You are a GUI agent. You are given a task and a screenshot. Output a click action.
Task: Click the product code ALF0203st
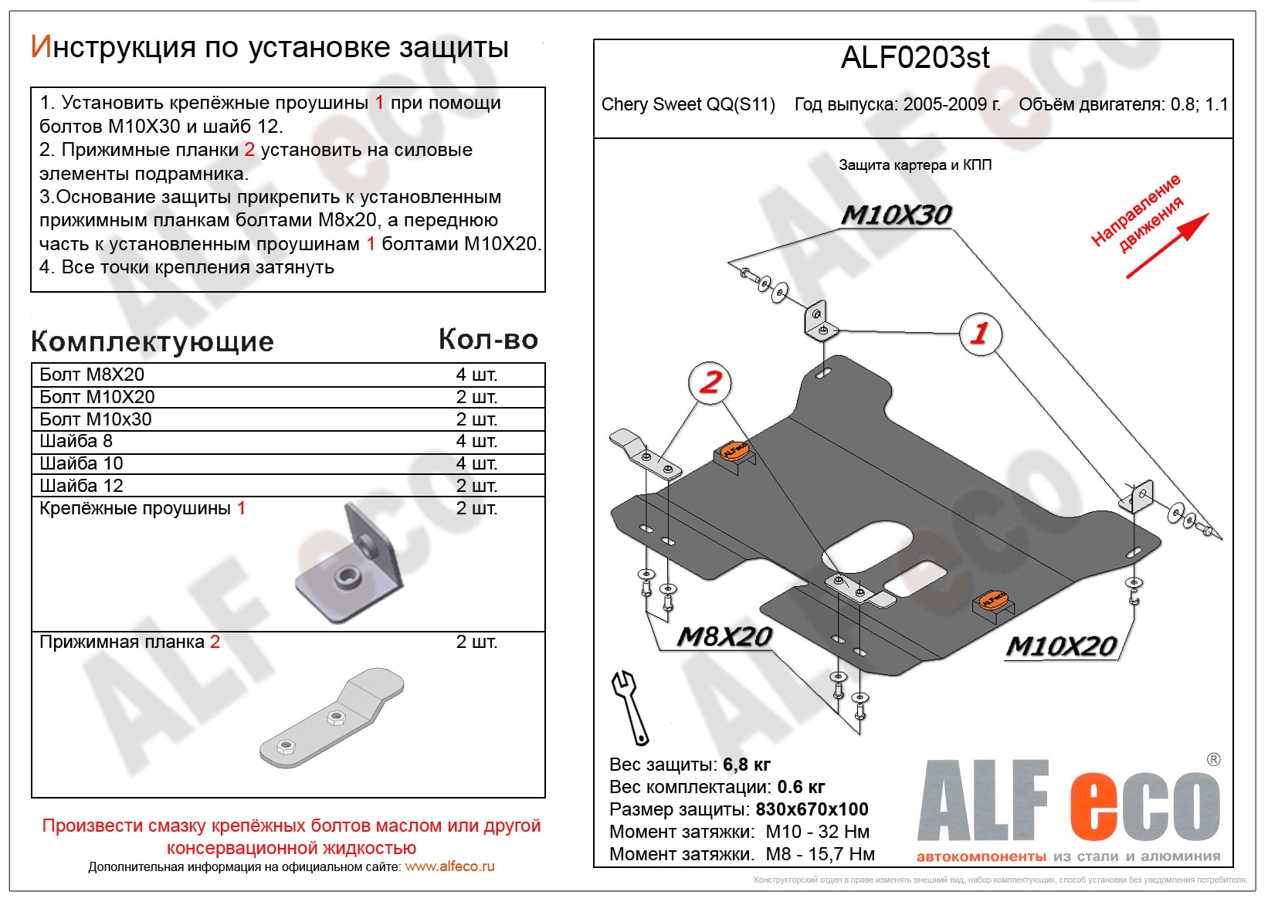[x=914, y=58]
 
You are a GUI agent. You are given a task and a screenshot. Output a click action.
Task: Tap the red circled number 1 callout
[x=980, y=334]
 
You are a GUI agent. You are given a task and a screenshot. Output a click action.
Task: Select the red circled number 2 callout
[x=710, y=381]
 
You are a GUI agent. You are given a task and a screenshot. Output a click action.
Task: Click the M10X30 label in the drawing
[x=896, y=215]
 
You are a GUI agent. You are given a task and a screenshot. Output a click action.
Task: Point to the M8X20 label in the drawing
[x=724, y=636]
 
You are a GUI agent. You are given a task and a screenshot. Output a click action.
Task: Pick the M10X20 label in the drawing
[x=1062, y=646]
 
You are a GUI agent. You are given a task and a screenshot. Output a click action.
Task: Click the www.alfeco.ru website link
[x=449, y=866]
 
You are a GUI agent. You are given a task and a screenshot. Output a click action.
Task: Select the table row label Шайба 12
[x=81, y=486]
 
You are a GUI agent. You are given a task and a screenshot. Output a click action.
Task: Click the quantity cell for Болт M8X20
[x=476, y=375]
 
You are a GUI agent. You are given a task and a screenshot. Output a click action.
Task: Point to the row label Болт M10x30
[x=96, y=419]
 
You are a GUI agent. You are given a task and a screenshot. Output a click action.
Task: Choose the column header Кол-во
[x=488, y=340]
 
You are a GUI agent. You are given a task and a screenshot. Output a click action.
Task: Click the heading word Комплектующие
[x=152, y=341]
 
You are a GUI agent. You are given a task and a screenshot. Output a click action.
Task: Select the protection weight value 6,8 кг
[x=747, y=765]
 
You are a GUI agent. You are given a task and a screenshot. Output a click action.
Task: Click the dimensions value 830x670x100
[x=812, y=809]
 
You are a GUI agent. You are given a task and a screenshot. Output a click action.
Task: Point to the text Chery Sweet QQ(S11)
[x=688, y=104]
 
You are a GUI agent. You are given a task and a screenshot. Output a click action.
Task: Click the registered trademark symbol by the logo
[x=1213, y=760]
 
